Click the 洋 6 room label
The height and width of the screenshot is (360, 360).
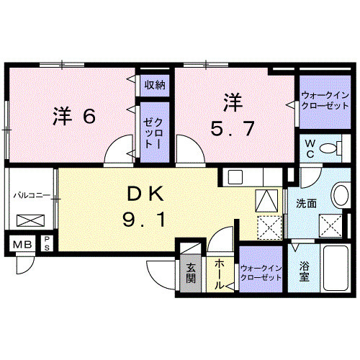coord(74,117)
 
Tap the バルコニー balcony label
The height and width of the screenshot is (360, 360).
coord(30,195)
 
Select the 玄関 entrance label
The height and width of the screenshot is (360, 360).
coord(192,274)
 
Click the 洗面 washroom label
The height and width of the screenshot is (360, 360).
coord(306,204)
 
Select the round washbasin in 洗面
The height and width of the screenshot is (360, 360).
coord(339,197)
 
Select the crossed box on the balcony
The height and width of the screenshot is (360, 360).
coord(30,221)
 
